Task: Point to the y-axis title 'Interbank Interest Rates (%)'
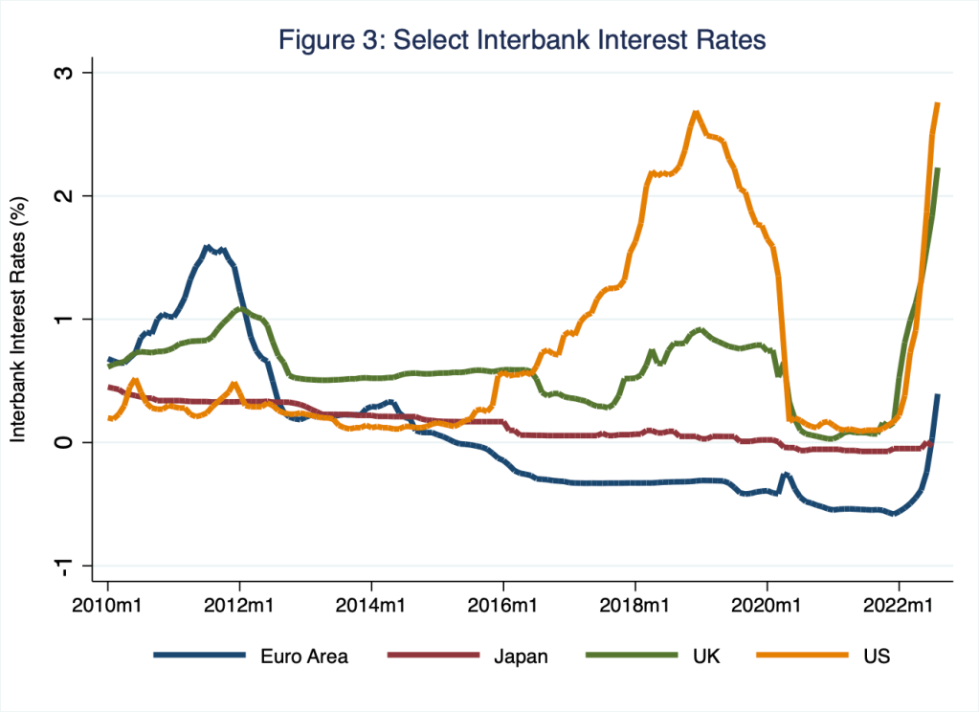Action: coord(17,319)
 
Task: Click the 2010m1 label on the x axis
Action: coord(107,606)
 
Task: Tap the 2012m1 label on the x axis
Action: coord(239,606)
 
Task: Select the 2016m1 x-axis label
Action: coord(503,606)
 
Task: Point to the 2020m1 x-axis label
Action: coord(767,606)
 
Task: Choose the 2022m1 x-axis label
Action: coord(899,606)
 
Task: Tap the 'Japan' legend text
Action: coord(523,656)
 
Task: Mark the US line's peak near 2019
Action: coord(696,113)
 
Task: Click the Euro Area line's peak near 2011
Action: coord(207,247)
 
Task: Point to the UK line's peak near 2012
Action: coord(240,309)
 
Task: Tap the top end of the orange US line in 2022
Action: coord(937,103)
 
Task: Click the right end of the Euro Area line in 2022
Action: coord(937,395)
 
